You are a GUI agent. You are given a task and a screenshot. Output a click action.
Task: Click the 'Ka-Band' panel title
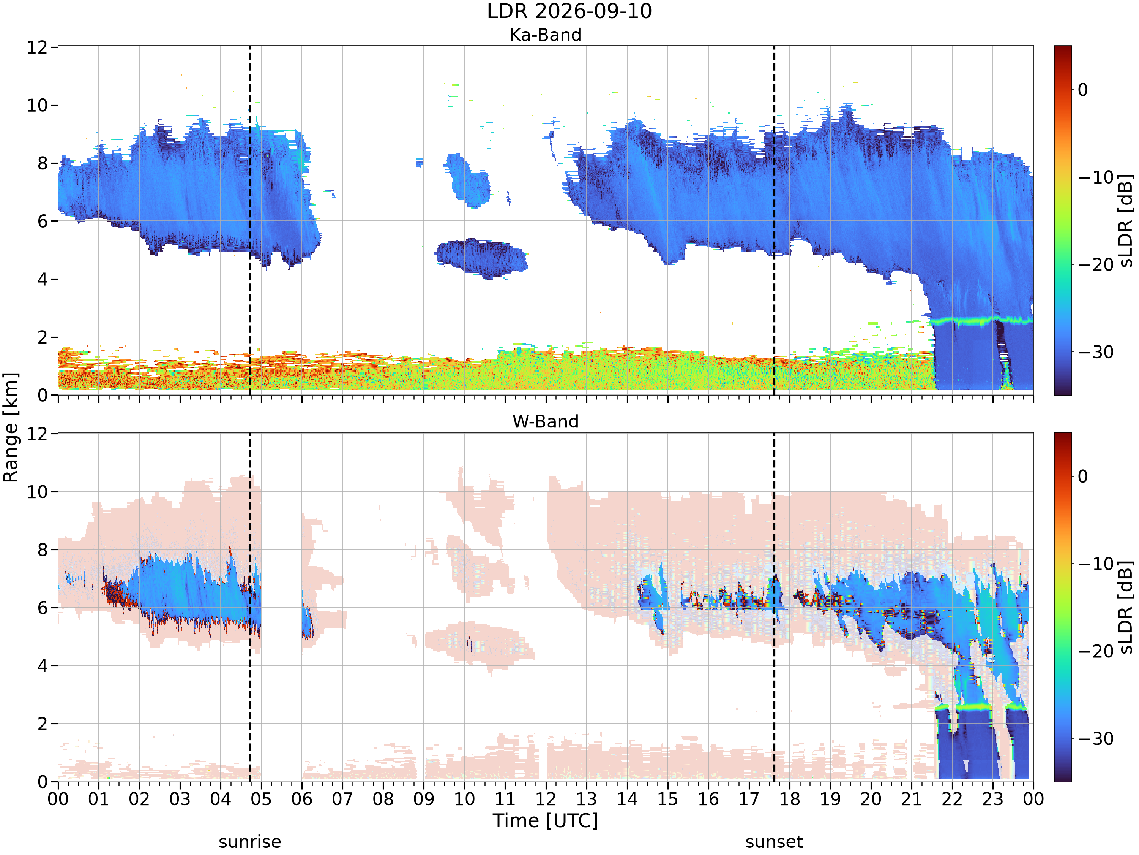coord(545,35)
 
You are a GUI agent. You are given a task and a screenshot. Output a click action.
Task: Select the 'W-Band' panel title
coord(545,421)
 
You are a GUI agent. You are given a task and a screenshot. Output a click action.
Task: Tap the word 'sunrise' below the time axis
coord(250,842)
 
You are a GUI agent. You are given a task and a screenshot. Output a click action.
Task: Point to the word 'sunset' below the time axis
coord(774,842)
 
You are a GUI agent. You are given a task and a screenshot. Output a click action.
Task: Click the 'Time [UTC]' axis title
coord(545,820)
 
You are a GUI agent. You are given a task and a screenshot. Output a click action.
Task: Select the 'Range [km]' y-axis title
coord(10,427)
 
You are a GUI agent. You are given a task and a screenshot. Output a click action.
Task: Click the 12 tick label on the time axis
coord(546,799)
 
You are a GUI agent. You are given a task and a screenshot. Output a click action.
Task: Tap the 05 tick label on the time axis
coord(261,799)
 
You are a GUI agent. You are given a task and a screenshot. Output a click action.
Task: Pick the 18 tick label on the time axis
coord(790,799)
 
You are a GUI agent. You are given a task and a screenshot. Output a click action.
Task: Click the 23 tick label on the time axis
coord(993,799)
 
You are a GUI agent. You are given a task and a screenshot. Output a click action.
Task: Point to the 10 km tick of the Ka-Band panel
coord(37,105)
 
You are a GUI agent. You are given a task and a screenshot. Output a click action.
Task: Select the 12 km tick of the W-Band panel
coord(37,434)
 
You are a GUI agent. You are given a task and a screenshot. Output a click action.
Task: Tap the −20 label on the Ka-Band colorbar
coord(1096,265)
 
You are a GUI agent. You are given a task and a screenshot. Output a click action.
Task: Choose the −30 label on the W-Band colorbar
coord(1096,738)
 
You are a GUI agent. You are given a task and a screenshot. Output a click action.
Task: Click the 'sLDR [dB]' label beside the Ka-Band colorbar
coord(1126,220)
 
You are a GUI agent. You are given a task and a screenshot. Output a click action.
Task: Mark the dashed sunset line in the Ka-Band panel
coord(774,220)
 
